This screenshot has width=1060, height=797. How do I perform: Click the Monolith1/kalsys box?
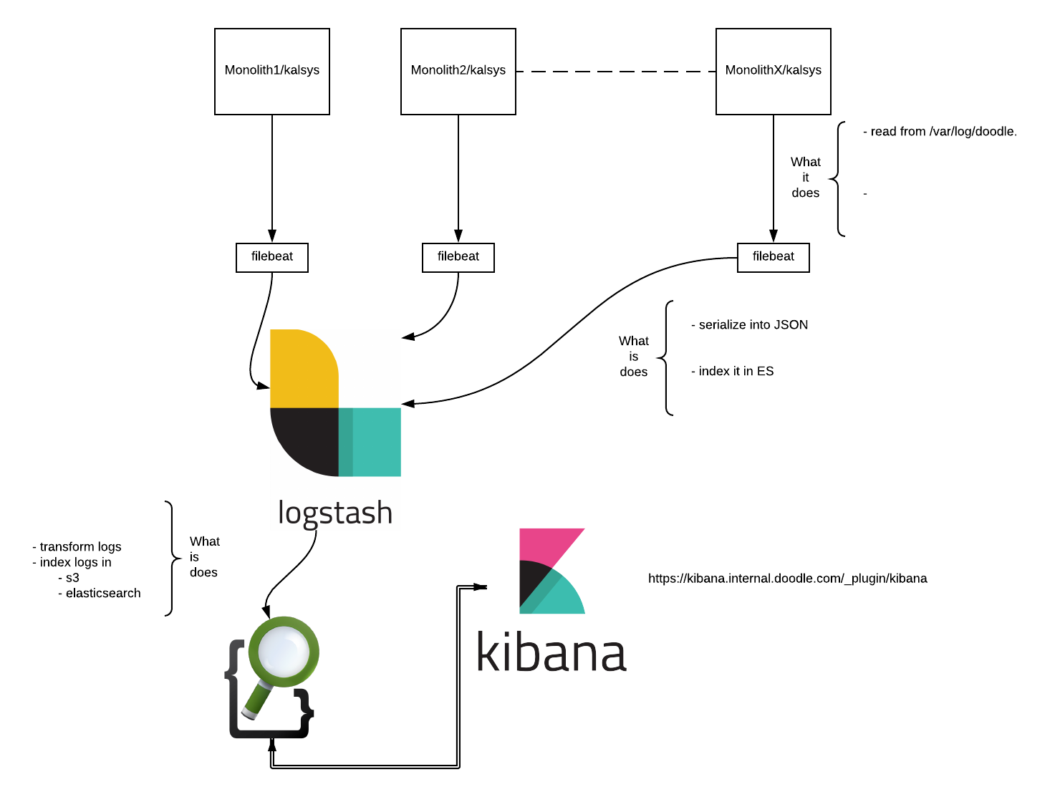(x=272, y=72)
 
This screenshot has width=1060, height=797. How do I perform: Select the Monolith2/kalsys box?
(x=458, y=72)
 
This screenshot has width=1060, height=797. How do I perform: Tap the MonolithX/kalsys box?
(x=774, y=72)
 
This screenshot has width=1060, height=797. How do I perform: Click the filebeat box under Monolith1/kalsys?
(x=272, y=257)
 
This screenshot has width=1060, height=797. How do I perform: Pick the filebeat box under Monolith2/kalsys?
(x=458, y=257)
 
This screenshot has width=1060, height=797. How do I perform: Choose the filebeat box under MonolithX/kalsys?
(x=774, y=257)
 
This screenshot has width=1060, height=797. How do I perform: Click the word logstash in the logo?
(x=335, y=513)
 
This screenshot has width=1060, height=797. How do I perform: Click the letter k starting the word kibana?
(x=488, y=652)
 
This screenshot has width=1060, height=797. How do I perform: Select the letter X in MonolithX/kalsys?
(x=779, y=70)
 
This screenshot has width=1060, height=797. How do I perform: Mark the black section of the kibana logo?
(x=531, y=580)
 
